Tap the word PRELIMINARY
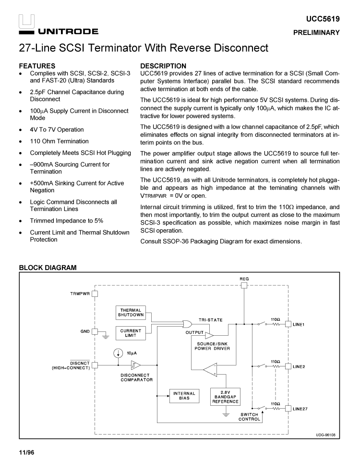click(317, 33)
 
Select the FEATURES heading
click(37, 66)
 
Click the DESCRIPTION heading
click(163, 66)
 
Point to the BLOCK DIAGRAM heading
click(48, 267)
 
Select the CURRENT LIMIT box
click(131, 333)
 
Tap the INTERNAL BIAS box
click(184, 396)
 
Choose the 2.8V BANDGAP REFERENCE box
click(225, 396)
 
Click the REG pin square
click(244, 285)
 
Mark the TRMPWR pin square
click(95, 293)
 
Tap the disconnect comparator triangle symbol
click(135, 365)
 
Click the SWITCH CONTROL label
click(248, 417)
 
